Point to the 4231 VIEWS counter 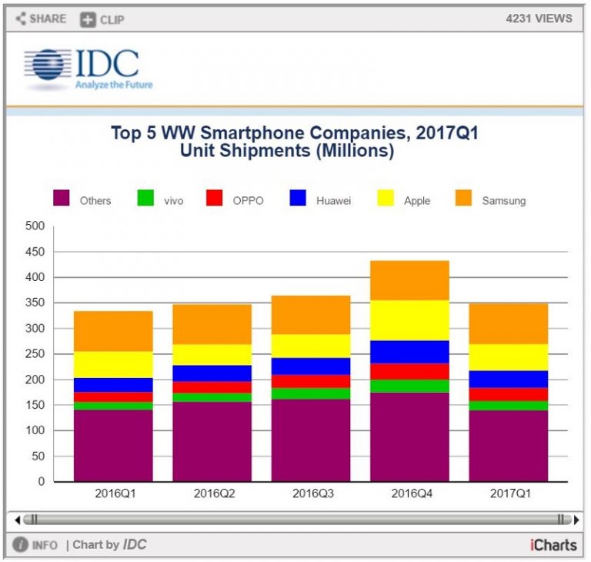pos(539,18)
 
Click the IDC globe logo pos(46,65)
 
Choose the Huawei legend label pos(333,201)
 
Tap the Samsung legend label pos(503,201)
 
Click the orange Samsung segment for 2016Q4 pos(409,280)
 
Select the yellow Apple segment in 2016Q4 pos(409,320)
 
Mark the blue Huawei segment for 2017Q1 pos(509,379)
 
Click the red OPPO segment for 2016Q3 pos(311,381)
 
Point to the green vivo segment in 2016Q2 pos(212,397)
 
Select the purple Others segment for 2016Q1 pos(113,445)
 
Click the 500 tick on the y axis pos(35,226)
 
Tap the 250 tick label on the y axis pos(35,354)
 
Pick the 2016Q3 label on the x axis pos(311,493)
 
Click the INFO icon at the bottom pos(21,545)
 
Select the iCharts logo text pos(553,545)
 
